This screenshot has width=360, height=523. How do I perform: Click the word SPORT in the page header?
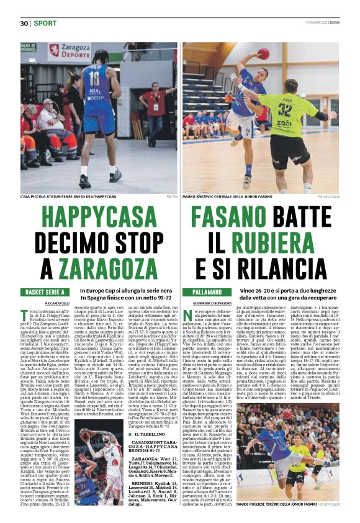(45, 24)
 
